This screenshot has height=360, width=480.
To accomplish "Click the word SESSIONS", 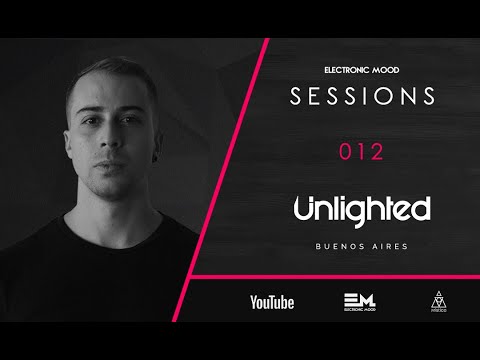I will (363, 98).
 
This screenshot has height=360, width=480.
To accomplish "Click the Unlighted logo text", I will (362, 209).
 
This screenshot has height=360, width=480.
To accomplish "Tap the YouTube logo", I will (272, 303).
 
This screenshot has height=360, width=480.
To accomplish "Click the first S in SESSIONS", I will (296, 98).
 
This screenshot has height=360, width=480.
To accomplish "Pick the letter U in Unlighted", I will (307, 209).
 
